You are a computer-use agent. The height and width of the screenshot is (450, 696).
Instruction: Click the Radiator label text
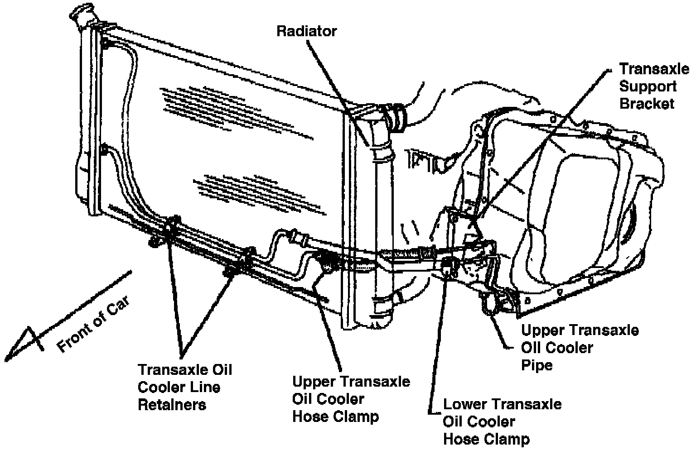point(307,31)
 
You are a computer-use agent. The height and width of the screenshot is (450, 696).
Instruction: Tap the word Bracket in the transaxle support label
point(647,104)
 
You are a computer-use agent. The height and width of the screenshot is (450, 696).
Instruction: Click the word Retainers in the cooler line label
point(172,404)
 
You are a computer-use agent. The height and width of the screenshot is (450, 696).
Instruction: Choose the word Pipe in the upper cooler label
point(536,365)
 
